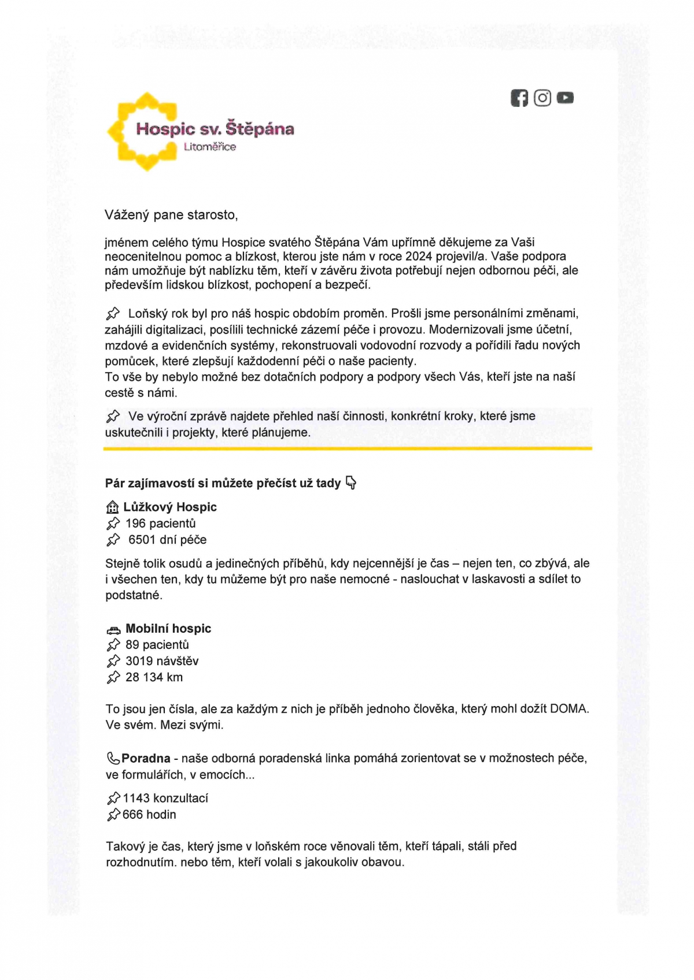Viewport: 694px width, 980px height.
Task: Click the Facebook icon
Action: [519, 98]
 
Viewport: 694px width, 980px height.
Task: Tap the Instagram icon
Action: [542, 98]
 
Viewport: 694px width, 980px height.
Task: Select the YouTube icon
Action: [565, 98]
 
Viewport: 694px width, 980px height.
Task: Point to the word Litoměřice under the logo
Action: [210, 147]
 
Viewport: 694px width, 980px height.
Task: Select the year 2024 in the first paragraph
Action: [419, 256]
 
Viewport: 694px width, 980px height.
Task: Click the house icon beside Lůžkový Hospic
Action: [112, 507]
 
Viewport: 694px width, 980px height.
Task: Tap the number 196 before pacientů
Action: [136, 524]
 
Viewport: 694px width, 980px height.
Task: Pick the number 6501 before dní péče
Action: [142, 540]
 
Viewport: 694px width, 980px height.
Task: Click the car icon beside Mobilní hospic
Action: [113, 630]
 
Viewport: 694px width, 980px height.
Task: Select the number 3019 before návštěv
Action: [139, 661]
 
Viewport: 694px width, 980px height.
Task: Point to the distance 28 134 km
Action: [154, 677]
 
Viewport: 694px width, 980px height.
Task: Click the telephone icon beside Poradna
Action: [113, 758]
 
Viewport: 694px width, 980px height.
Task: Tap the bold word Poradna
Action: [146, 758]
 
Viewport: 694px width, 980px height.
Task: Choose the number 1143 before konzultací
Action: [136, 799]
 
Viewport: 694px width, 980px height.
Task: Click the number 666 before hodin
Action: [132, 815]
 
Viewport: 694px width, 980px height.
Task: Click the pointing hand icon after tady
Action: [350, 482]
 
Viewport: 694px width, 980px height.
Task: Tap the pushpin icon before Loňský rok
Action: [113, 314]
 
